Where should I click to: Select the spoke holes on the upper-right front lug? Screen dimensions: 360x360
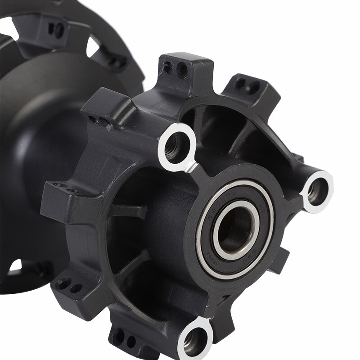(247, 85)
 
